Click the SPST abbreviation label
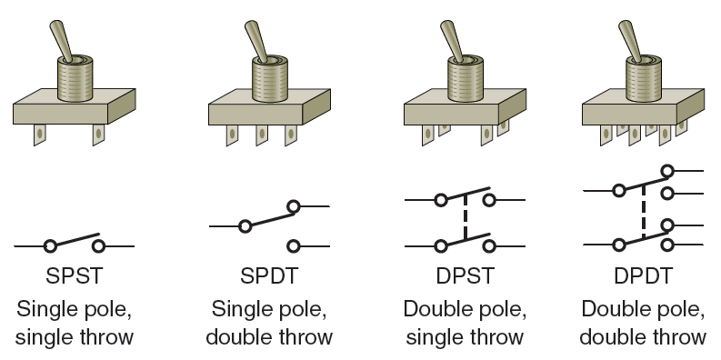point(75,275)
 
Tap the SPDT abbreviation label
point(269,275)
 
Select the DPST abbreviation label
point(464,275)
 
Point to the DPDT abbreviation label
point(644,275)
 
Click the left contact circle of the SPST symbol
point(51,245)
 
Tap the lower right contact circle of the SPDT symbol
point(294,245)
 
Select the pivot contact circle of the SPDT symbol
point(245,225)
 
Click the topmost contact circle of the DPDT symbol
point(669,170)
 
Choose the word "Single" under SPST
point(50,308)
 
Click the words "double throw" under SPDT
point(269,338)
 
